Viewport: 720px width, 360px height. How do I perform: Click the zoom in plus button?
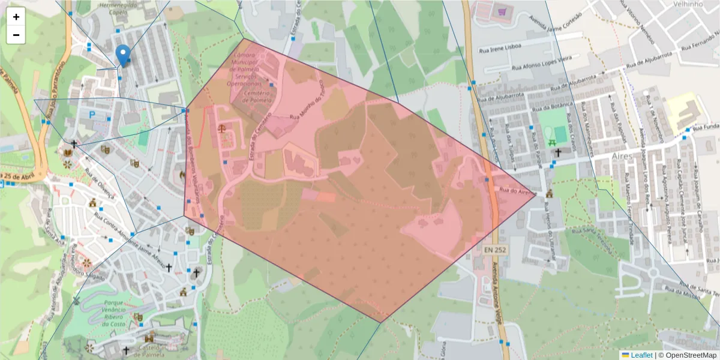(x=16, y=17)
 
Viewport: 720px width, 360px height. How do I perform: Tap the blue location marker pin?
(x=123, y=55)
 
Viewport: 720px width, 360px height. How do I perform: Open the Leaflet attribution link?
(x=641, y=355)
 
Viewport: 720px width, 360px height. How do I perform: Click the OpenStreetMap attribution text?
(x=688, y=355)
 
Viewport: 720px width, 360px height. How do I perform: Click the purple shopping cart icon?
(x=502, y=11)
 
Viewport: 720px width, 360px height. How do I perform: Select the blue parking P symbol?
(x=92, y=115)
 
